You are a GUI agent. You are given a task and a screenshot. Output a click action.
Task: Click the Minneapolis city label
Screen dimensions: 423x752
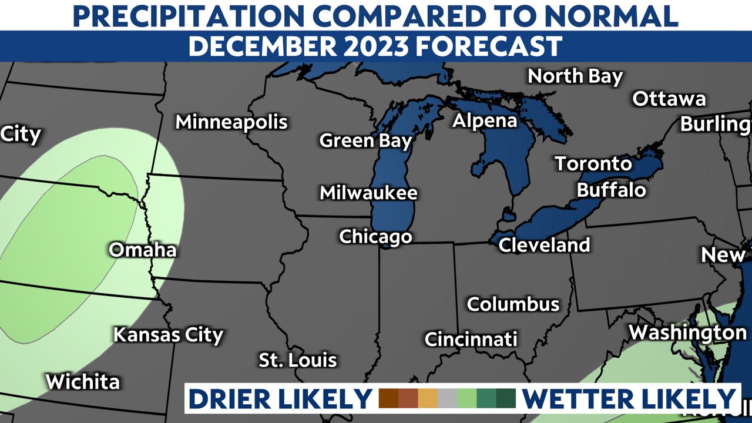pos(231,122)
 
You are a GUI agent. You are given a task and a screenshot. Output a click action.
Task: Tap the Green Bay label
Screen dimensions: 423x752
pos(365,141)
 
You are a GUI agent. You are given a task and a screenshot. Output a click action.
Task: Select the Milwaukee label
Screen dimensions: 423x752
pos(368,193)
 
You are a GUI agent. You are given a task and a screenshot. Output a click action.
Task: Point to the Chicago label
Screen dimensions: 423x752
pos(375,237)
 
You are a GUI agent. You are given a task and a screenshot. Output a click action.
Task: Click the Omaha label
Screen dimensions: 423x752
pos(143,250)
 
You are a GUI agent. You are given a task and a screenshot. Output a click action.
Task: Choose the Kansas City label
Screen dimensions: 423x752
pos(168,335)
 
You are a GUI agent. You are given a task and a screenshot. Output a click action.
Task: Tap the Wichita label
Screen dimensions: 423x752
pos(83,382)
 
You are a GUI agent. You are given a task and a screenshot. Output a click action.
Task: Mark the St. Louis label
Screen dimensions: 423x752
pos(298,360)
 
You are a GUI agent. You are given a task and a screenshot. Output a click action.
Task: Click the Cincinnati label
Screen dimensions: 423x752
pos(471,339)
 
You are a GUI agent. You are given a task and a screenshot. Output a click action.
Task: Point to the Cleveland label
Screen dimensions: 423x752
pos(544,244)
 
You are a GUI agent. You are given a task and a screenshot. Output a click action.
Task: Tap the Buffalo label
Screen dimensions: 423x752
pos(611,190)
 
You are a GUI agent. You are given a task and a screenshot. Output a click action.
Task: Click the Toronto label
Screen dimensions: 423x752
pos(593,163)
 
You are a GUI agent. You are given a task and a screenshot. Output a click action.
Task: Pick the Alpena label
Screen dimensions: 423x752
pos(485,121)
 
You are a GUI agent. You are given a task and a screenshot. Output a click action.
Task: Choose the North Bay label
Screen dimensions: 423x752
pos(575,76)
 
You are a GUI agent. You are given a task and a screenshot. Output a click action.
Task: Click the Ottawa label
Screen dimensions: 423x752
pos(669,99)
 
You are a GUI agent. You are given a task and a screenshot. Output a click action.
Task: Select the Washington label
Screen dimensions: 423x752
pos(687,333)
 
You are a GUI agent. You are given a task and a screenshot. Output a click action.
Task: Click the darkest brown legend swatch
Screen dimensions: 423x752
pos(389,398)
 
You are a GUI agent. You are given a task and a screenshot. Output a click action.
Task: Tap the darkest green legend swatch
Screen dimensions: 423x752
pos(505,398)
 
